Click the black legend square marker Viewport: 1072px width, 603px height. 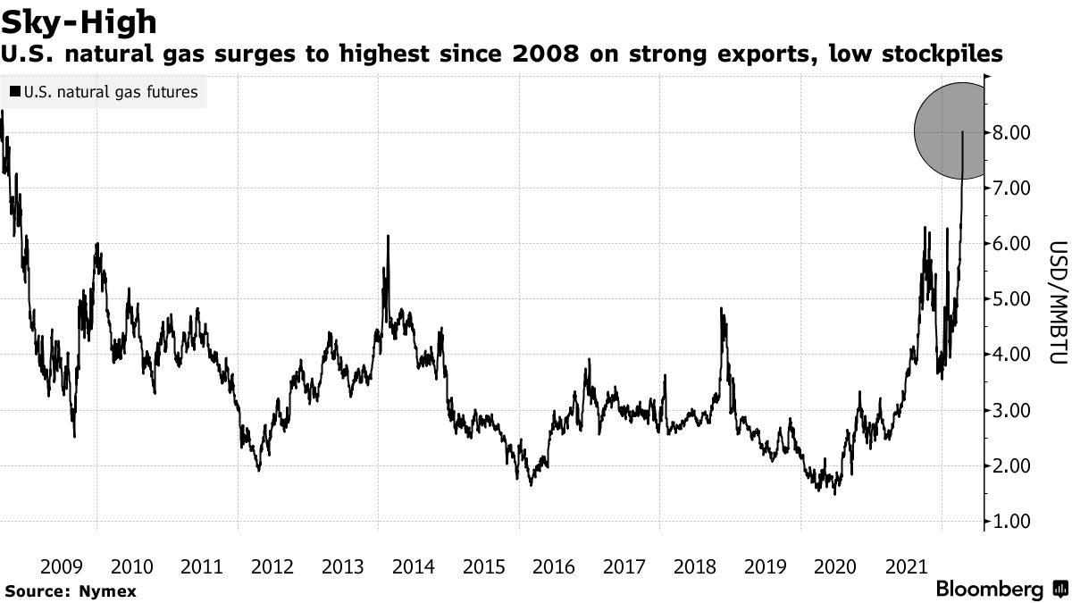pyautogui.click(x=15, y=92)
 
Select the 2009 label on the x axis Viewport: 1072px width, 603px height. pyautogui.click(x=63, y=566)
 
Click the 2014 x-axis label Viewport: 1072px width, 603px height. pyautogui.click(x=414, y=566)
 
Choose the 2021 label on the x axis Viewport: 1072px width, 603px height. pyautogui.click(x=905, y=566)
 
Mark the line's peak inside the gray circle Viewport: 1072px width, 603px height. pyautogui.click(x=962, y=132)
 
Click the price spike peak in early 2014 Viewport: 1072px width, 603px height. pyautogui.click(x=388, y=237)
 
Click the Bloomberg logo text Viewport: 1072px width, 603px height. pyautogui.click(x=989, y=590)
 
